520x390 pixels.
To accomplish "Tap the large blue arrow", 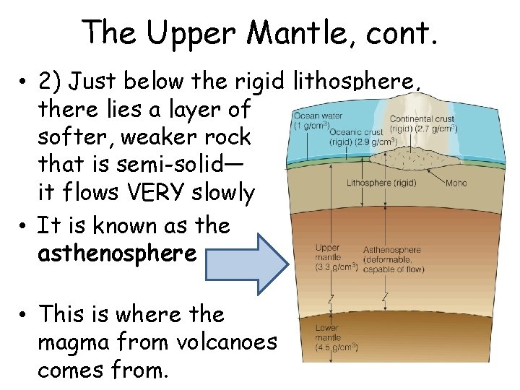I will coord(246,254).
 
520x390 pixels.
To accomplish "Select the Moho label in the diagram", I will coord(456,183).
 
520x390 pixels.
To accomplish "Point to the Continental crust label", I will coord(422,118).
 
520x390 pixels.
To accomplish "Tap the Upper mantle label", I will coord(327,253).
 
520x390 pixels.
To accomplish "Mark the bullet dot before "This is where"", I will coord(25,315).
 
